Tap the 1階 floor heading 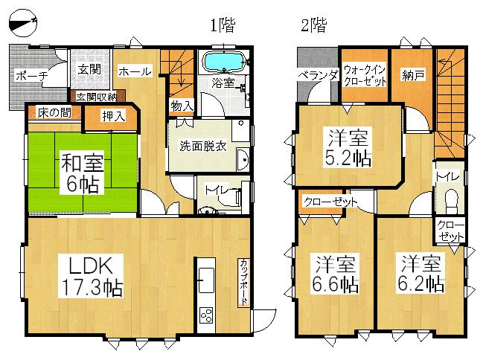click(x=221, y=25)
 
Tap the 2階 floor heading click(x=313, y=25)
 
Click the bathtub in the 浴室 click(x=225, y=60)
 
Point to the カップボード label click(x=243, y=282)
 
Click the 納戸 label click(x=412, y=74)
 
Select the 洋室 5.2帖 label click(x=348, y=147)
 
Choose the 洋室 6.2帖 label click(x=421, y=273)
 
